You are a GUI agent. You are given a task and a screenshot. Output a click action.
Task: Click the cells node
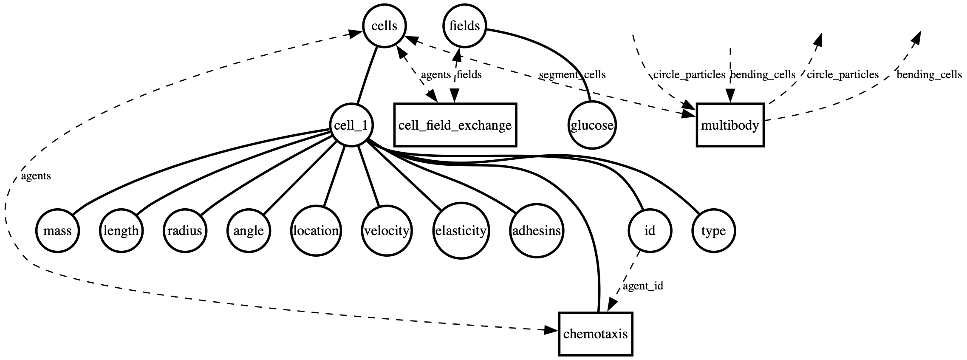(384, 26)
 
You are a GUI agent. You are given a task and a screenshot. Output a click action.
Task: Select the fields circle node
(464, 26)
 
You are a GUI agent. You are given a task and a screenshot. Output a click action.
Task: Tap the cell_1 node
(351, 125)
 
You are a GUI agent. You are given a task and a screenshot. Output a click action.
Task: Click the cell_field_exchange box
(455, 125)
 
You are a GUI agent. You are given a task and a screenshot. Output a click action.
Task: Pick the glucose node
(592, 126)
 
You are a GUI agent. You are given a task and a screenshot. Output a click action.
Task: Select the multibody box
(730, 125)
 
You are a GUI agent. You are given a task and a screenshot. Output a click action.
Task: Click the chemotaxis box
(595, 334)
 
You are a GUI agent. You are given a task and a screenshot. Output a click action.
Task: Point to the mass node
(57, 231)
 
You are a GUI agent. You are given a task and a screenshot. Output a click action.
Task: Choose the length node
(121, 231)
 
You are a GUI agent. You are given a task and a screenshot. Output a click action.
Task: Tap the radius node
(184, 231)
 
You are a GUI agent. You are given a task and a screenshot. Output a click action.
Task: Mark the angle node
(249, 231)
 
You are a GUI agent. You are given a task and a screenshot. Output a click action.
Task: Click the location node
(316, 231)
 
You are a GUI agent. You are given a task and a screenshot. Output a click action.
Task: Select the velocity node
(387, 231)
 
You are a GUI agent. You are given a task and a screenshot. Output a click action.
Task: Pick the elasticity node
(461, 231)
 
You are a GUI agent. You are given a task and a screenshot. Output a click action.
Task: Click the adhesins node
(537, 231)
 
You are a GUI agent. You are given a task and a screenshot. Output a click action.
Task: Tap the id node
(650, 231)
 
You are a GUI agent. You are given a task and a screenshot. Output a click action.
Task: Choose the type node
(713, 231)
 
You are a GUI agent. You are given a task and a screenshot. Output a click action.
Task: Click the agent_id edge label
(643, 286)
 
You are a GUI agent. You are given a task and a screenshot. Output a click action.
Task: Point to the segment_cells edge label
(572, 75)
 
